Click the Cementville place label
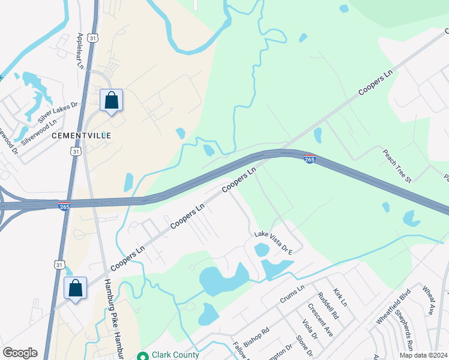pos(82,136)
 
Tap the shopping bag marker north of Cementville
pos(111,100)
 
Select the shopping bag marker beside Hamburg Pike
pos(75,289)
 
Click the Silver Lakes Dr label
pos(58,113)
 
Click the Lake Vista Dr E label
pos(273,244)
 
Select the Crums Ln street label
pos(292,295)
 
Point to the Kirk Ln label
pos(340,296)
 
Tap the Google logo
pos(20,353)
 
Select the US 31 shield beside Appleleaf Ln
pos(92,38)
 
